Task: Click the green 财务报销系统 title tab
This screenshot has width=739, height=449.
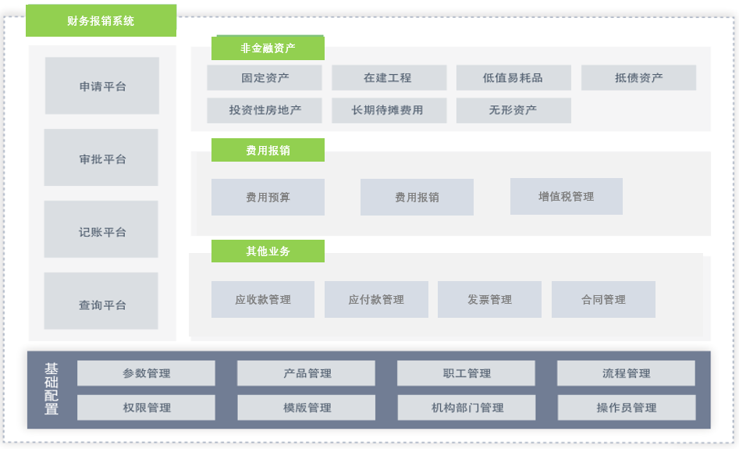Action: tap(101, 21)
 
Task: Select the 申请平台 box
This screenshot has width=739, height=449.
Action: tap(102, 86)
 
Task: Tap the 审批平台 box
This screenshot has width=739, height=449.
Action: tap(101, 159)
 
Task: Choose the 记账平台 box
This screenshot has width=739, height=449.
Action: tap(101, 231)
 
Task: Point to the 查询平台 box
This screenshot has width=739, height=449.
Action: tap(101, 304)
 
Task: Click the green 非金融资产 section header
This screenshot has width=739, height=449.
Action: tap(268, 48)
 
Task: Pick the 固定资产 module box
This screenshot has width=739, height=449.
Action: tap(265, 77)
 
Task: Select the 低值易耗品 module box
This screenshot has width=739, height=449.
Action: tap(513, 77)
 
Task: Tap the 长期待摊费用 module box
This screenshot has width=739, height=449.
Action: tap(389, 110)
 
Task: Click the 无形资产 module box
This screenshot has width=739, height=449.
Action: tap(513, 110)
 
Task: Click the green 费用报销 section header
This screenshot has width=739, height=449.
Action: tap(268, 150)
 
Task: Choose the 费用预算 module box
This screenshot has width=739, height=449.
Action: tap(268, 197)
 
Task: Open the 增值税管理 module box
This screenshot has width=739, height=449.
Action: tap(567, 196)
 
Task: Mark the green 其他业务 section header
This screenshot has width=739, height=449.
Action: tap(268, 251)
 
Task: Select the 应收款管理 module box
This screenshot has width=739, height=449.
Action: tap(263, 299)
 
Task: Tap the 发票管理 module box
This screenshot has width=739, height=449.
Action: tap(489, 299)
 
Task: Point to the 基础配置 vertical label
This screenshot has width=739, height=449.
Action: tap(52, 388)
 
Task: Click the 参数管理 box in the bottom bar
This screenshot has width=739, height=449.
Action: tap(146, 372)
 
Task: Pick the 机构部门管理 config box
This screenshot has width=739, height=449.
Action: tap(467, 407)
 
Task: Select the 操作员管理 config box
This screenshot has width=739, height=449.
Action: tap(627, 407)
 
